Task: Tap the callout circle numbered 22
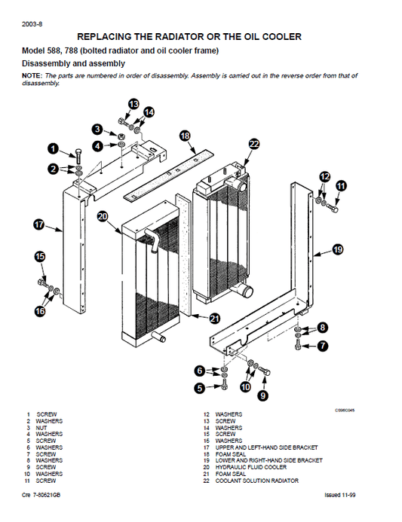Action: (253, 145)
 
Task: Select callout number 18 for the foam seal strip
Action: (185, 136)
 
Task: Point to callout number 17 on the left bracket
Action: (39, 224)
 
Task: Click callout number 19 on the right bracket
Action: (337, 249)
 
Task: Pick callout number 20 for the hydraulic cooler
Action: (103, 217)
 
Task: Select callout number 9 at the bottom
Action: (263, 394)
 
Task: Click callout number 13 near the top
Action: (133, 103)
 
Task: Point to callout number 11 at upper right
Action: (341, 185)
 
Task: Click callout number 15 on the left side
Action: (40, 257)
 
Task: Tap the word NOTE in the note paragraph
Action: (32, 77)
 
